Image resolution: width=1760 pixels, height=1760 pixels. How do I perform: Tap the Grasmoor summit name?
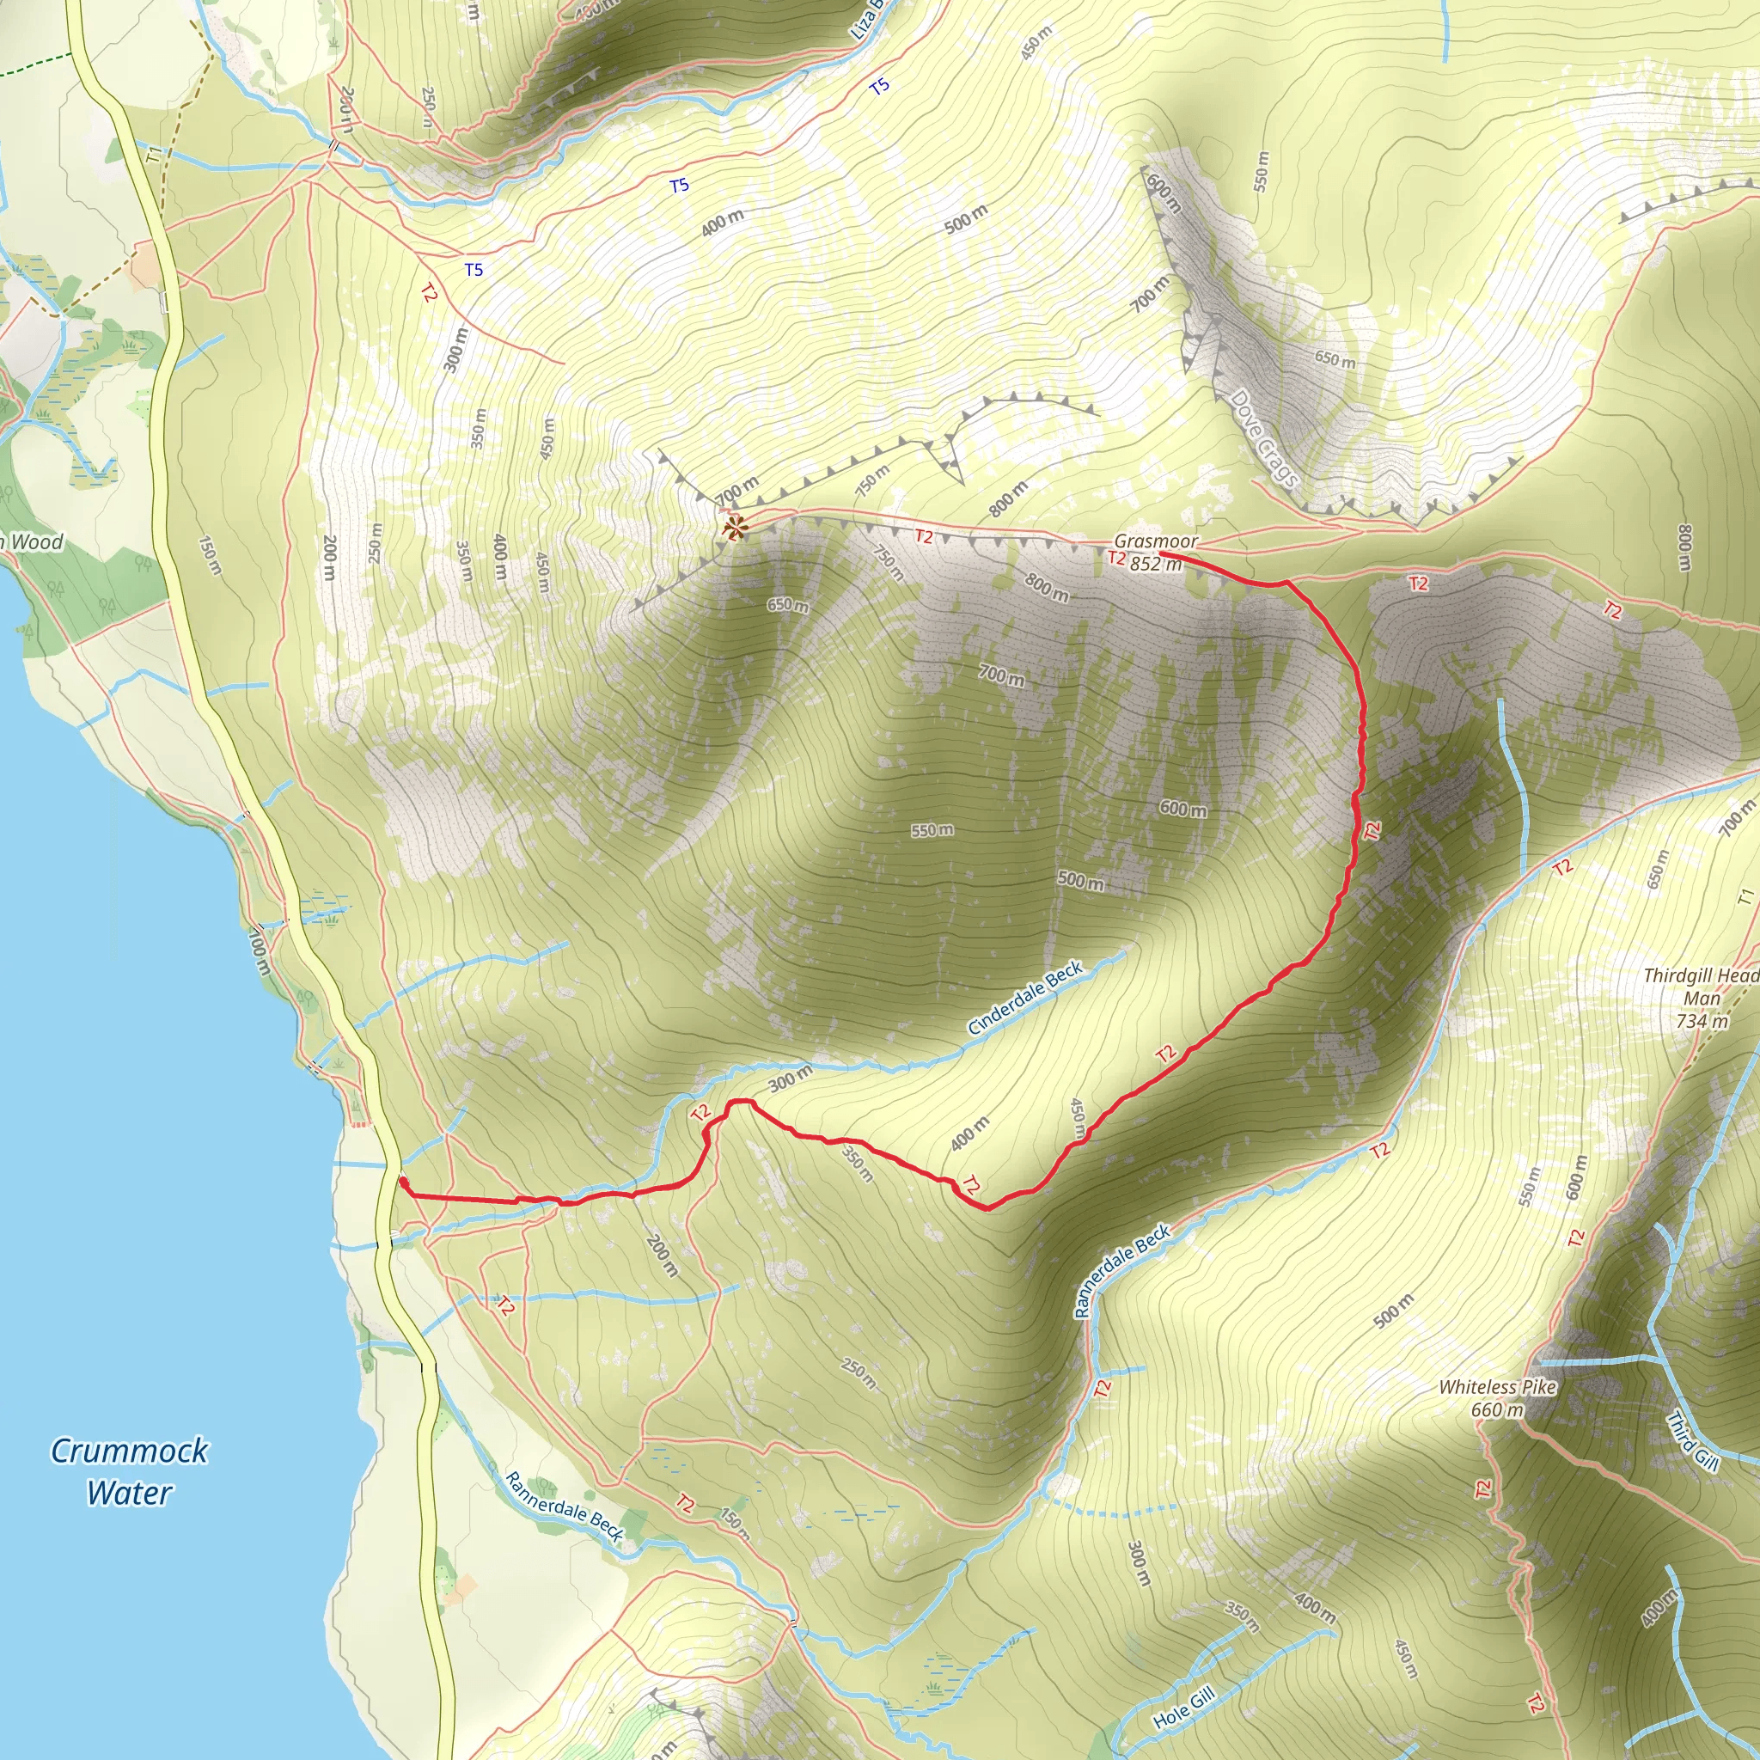point(1156,541)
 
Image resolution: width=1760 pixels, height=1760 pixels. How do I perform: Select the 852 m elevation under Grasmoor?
point(1155,564)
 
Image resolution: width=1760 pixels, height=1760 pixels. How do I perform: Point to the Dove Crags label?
point(1263,438)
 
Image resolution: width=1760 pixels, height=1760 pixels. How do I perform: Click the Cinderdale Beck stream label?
point(1025,999)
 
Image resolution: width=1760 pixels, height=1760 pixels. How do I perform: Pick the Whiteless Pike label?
point(1498,1387)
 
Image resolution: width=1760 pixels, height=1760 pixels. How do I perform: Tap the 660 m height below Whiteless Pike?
point(1497,1410)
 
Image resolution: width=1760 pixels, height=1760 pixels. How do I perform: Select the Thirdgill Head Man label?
point(1701,987)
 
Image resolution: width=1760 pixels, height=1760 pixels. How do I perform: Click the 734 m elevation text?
point(1702,1021)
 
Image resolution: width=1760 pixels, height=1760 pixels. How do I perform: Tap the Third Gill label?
point(1691,1441)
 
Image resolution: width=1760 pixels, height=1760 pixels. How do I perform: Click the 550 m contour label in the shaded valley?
point(932,830)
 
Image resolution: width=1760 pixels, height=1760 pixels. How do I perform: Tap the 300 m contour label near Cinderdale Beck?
point(790,1079)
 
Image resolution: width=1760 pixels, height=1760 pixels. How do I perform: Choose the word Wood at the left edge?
point(36,542)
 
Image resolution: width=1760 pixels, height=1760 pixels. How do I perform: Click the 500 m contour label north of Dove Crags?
point(966,218)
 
